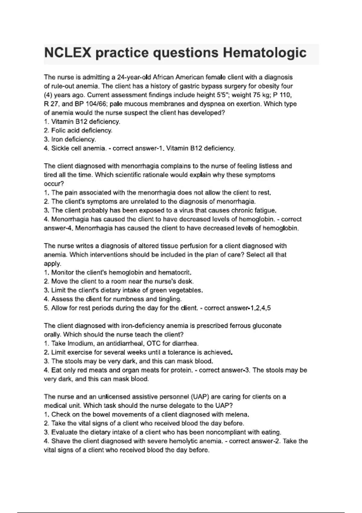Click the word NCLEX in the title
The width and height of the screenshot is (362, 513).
(67, 53)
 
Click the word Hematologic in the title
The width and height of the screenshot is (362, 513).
(265, 53)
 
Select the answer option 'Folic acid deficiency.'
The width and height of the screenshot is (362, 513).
(81, 130)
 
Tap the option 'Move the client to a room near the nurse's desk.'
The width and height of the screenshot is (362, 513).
(122, 281)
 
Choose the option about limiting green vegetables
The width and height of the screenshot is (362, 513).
(127, 290)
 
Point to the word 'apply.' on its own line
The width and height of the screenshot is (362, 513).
(52, 264)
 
